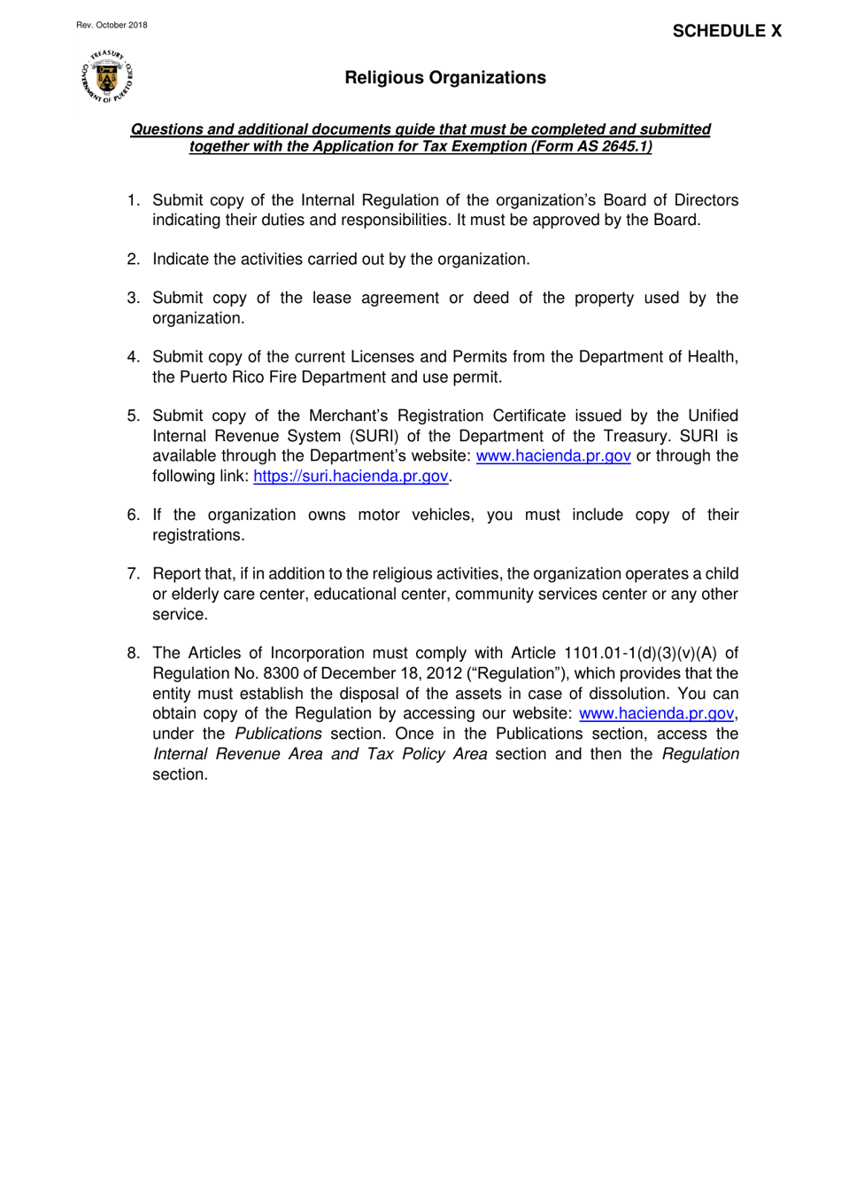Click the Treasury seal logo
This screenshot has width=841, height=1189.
[x=107, y=77]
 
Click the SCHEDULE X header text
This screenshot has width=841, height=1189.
[x=727, y=31]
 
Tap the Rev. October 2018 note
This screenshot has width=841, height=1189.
[x=112, y=25]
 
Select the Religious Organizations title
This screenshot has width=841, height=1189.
[x=445, y=78]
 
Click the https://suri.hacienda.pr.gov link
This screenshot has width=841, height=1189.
[x=351, y=477]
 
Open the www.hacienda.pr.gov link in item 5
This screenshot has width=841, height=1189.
[x=553, y=456]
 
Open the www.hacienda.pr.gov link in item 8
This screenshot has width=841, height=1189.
[x=656, y=714]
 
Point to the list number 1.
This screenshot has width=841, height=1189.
[x=133, y=200]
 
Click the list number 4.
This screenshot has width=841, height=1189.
[x=133, y=357]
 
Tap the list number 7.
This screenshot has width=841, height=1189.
[x=133, y=574]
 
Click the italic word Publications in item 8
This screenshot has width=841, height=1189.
[x=278, y=734]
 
